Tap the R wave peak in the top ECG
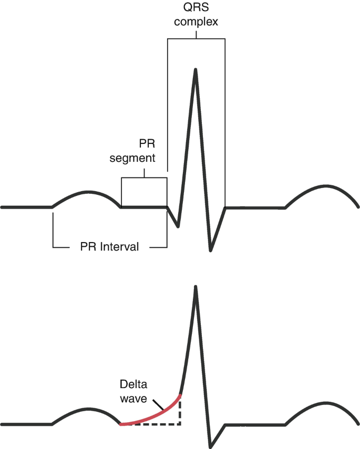(196, 70)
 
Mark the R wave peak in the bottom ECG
(196, 287)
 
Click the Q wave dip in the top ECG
(178, 226)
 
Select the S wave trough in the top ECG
(211, 249)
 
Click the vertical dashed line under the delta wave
(180, 411)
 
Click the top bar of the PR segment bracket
(144, 178)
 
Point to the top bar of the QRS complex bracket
(196, 39)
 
